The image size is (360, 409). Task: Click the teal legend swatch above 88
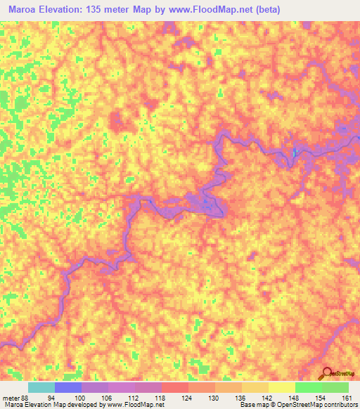[41, 387]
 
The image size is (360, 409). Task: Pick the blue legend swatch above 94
[68, 387]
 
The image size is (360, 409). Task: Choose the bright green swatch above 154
[308, 387]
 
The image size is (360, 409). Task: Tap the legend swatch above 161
[335, 387]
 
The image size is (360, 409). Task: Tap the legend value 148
[282, 397]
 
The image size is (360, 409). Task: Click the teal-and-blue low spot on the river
[295, 151]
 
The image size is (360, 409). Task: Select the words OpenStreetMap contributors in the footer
[323, 405]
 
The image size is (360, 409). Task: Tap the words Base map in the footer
[252, 405]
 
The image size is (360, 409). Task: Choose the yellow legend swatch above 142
[255, 387]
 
